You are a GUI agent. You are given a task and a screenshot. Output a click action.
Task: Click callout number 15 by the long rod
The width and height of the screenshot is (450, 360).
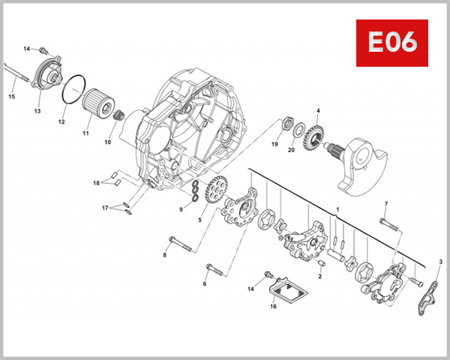click(x=12, y=96)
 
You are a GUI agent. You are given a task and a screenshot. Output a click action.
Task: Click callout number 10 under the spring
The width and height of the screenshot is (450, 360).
click(x=107, y=142)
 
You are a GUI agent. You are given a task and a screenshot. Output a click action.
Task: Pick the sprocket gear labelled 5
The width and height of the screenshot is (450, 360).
click(x=213, y=191)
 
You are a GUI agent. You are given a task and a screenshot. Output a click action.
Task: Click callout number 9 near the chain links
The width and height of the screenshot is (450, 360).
click(x=181, y=209)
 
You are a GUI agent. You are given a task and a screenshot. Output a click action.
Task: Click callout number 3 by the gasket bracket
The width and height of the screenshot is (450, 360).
click(x=440, y=262)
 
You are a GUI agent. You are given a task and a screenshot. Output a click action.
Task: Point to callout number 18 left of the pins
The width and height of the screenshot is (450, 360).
click(x=96, y=183)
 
